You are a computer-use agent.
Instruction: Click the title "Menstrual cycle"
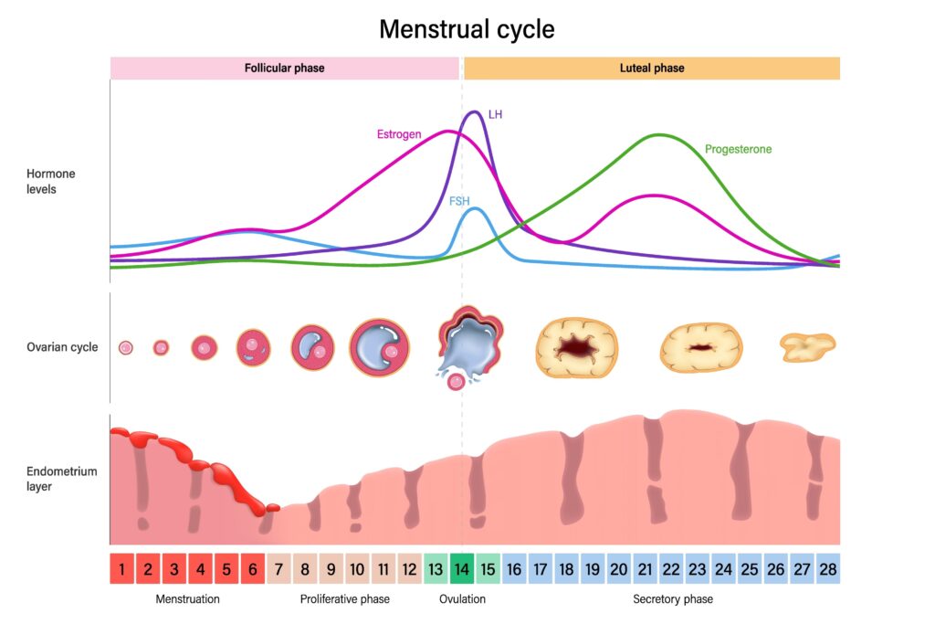click(467, 29)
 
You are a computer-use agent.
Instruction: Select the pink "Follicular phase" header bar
click(284, 69)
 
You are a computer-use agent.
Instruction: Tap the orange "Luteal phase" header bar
click(651, 69)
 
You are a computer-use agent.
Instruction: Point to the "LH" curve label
click(496, 115)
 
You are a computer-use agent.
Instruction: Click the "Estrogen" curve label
click(399, 134)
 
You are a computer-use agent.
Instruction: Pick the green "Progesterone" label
click(738, 149)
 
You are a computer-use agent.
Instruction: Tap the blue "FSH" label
click(459, 201)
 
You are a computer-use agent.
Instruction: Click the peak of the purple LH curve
click(473, 112)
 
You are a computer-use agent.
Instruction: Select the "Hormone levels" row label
click(51, 181)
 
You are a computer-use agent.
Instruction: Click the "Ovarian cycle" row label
click(62, 347)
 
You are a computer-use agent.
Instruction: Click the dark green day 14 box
click(463, 568)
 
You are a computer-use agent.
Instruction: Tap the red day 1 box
click(122, 568)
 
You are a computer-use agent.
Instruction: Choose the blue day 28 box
click(828, 568)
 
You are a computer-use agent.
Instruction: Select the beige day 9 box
click(331, 568)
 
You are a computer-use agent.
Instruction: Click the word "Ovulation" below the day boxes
click(462, 599)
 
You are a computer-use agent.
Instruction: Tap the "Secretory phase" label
click(673, 599)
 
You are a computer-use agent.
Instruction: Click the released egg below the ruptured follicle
click(455, 382)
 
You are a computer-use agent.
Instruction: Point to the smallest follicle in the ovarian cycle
click(126, 347)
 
